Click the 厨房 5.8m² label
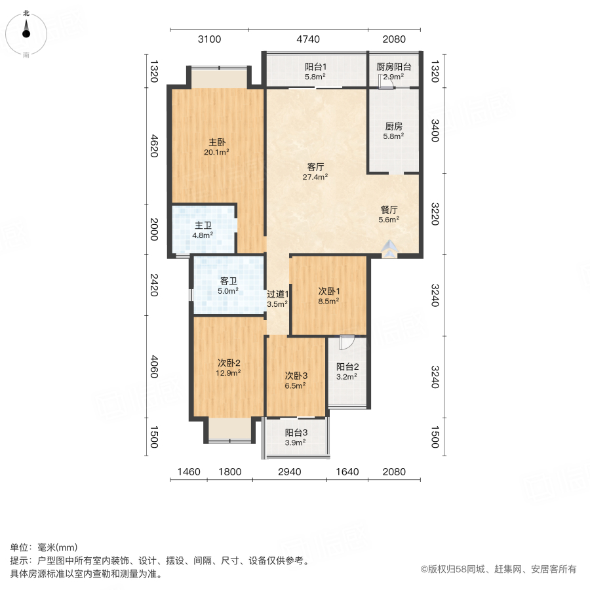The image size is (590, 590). click(393, 131)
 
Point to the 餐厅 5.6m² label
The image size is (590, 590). click(389, 215)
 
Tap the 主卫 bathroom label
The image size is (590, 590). click(202, 229)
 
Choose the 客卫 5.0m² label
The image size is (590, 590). click(228, 286)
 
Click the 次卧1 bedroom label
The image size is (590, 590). click(328, 296)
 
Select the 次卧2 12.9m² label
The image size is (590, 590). click(229, 367)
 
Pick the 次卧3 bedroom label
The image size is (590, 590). click(296, 380)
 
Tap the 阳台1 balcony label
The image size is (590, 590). click(315, 71)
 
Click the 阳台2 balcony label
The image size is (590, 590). click(347, 372)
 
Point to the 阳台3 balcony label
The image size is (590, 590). click(296, 438)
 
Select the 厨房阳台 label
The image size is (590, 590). click(393, 71)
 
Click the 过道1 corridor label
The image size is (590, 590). click(277, 299)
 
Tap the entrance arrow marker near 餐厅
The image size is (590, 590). click(389, 249)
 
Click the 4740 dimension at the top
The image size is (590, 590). click(308, 39)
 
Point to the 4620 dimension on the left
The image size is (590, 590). click(153, 146)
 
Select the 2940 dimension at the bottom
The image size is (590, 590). click(289, 471)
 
